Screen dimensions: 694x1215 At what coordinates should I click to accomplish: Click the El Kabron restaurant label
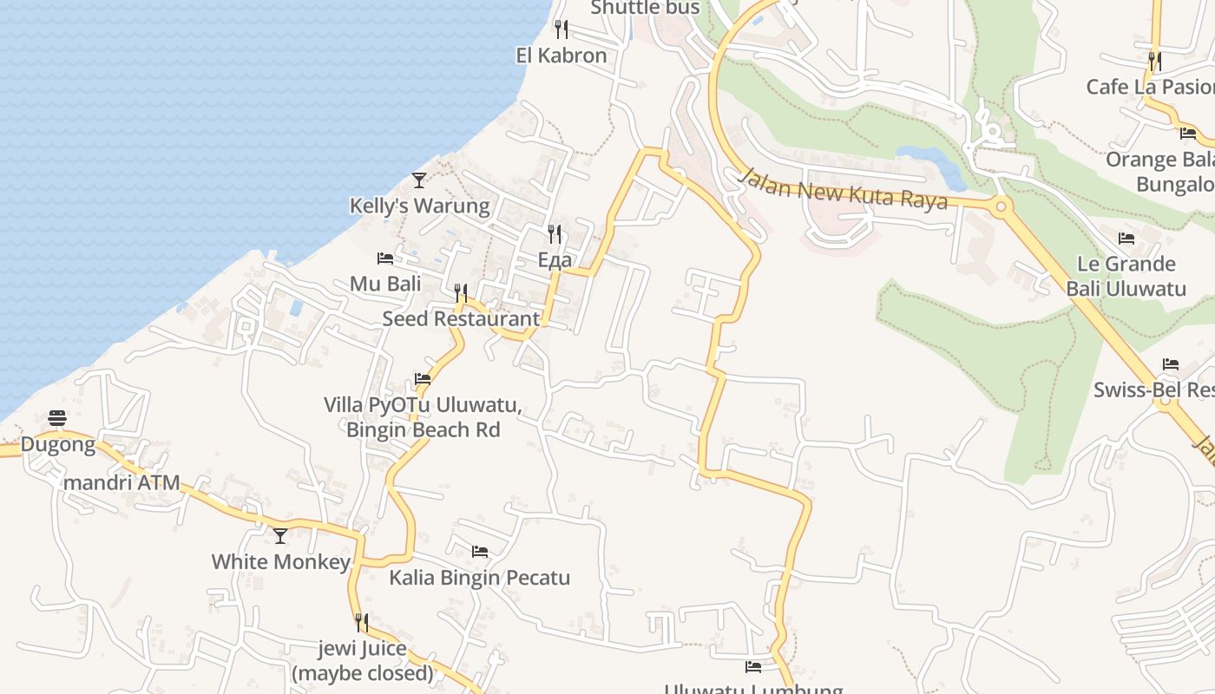coord(562,56)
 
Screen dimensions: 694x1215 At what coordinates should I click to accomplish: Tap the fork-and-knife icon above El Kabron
coord(562,29)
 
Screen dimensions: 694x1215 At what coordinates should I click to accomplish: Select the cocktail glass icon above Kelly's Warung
coord(419,180)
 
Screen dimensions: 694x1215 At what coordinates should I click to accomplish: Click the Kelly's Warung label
coord(419,206)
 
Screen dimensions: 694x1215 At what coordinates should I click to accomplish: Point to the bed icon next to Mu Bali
coord(385,259)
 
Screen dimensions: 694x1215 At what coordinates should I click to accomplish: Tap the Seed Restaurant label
coord(461,318)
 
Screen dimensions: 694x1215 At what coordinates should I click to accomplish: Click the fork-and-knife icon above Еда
coord(555,233)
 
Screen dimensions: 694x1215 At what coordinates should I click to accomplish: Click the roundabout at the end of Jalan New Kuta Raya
coord(1001,206)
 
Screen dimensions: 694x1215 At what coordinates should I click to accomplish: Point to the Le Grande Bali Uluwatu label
coord(1126,276)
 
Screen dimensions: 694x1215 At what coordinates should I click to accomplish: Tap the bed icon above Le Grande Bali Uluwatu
coord(1126,239)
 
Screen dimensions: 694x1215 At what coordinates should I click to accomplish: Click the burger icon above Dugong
coord(57,418)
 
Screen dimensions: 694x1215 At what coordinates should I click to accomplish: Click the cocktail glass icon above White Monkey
coord(280,536)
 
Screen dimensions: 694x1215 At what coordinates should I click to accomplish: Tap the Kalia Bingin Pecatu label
coord(479,578)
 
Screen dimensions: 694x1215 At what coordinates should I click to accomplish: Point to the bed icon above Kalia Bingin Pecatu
coord(479,552)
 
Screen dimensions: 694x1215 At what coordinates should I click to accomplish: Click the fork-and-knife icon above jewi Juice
coord(362,623)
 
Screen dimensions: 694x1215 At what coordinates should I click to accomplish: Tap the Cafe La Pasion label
coord(1150,87)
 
